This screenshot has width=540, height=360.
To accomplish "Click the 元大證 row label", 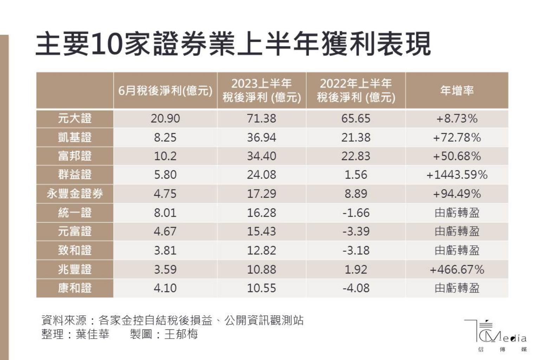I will click(x=75, y=118).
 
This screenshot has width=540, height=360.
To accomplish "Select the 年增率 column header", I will click(x=457, y=91).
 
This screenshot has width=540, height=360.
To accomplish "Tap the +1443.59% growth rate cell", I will click(x=457, y=175).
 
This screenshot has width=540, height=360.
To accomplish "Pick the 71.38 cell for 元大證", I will click(x=262, y=118).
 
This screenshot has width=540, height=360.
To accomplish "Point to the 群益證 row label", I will click(x=75, y=175).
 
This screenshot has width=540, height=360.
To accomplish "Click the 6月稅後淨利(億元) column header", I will click(x=165, y=91).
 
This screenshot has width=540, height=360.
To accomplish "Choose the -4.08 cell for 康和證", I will click(x=356, y=288).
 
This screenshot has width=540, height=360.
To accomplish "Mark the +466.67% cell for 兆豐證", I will click(x=457, y=270).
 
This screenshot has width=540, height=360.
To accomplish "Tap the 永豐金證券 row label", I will click(x=75, y=194).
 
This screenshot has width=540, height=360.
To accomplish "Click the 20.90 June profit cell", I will click(x=165, y=118).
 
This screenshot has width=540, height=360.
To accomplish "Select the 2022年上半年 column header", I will click(x=356, y=90).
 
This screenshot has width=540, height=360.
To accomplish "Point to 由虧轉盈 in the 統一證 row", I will click(x=457, y=213).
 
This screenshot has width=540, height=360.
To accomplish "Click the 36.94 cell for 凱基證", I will click(x=262, y=137).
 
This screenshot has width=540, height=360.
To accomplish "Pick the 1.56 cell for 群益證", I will click(x=356, y=175).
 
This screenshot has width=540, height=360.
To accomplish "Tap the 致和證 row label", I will click(x=75, y=250).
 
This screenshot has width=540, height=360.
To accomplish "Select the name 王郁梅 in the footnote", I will click(x=181, y=334).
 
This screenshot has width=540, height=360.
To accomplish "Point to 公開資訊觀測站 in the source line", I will click(x=264, y=320).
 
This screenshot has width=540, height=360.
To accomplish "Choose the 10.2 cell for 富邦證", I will click(x=165, y=156).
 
